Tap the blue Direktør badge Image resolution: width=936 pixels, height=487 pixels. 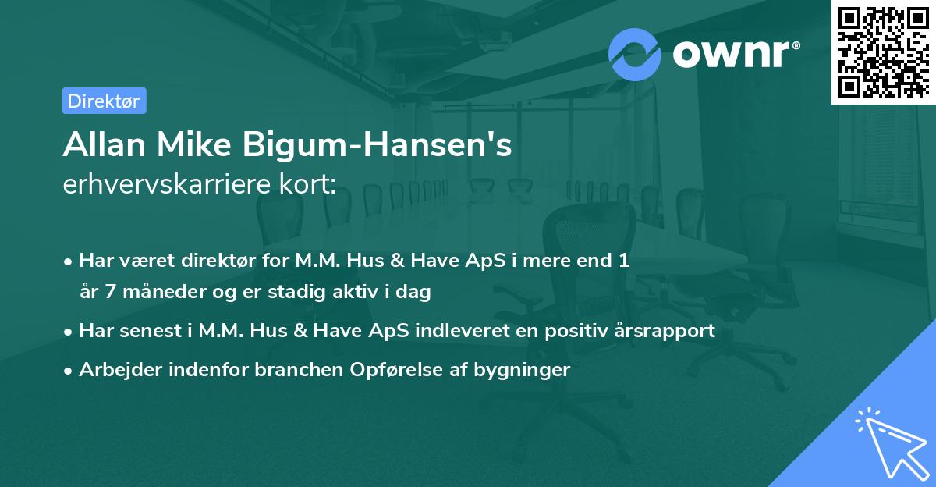(x=104, y=101)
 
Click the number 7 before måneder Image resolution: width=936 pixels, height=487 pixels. (x=108, y=293)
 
